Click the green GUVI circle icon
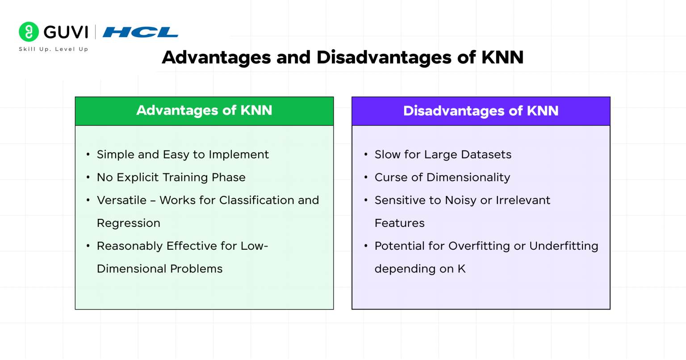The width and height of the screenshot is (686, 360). coord(29,32)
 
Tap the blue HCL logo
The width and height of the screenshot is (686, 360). coord(140,32)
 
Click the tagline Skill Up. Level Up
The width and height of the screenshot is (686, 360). coord(54,49)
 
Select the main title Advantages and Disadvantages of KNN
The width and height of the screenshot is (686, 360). coord(343,58)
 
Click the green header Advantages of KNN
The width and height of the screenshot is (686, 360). coord(204,110)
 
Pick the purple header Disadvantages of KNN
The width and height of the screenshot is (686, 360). coord(481,111)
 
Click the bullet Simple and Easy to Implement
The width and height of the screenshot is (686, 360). coord(183,155)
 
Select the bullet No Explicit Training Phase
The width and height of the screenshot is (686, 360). coord(171,177)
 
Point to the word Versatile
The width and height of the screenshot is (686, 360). coord(121,200)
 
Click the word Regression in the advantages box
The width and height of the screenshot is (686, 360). coord(129,223)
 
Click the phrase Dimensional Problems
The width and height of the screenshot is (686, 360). coord(159,269)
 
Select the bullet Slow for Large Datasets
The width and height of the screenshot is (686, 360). coord(443,155)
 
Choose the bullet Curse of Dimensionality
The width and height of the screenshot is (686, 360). coord(442,177)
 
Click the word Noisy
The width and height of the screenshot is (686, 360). coord(460,200)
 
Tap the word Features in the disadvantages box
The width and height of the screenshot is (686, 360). coord(399,223)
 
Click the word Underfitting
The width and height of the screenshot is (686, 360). coord(564,246)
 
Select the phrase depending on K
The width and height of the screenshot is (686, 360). coord(420,269)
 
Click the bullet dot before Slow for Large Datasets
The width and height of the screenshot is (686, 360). coord(366,155)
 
